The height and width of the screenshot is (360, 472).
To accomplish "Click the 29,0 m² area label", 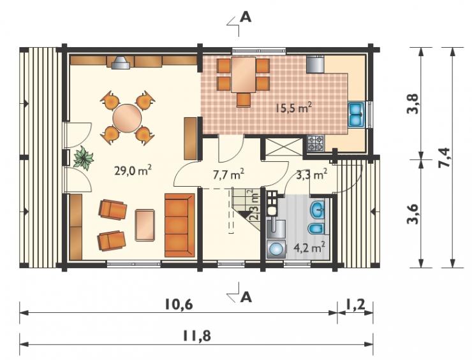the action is (x=133, y=171).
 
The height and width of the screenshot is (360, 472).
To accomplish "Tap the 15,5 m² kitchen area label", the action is (x=293, y=108).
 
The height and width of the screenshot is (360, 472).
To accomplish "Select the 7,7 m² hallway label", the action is (x=228, y=175).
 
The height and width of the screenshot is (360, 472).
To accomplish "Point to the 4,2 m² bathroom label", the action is (x=309, y=248).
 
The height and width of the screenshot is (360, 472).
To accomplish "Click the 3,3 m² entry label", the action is (x=311, y=175).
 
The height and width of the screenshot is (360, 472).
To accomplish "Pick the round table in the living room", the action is (x=127, y=119).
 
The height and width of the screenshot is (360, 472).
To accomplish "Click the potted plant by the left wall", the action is (x=83, y=158).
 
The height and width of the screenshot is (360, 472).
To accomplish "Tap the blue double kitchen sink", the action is (x=357, y=115).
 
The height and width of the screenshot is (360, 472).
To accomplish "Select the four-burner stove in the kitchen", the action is (x=316, y=143).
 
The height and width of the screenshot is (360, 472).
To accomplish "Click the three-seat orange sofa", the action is (x=180, y=226).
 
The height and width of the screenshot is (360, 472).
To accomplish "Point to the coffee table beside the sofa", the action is (x=145, y=226).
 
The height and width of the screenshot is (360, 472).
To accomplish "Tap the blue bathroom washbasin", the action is (x=317, y=208).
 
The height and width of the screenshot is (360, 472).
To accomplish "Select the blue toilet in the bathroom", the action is (x=316, y=229).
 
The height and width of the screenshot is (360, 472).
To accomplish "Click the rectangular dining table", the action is (x=243, y=75).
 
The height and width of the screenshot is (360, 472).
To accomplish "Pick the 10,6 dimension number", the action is (x=179, y=305).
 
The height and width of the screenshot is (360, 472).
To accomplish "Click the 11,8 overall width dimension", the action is (x=196, y=336).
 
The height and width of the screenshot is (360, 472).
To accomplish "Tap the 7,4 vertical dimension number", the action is (x=446, y=157).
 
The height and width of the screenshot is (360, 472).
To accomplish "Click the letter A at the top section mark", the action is (x=246, y=18).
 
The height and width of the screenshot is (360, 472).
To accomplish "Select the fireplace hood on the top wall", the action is (x=121, y=62).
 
